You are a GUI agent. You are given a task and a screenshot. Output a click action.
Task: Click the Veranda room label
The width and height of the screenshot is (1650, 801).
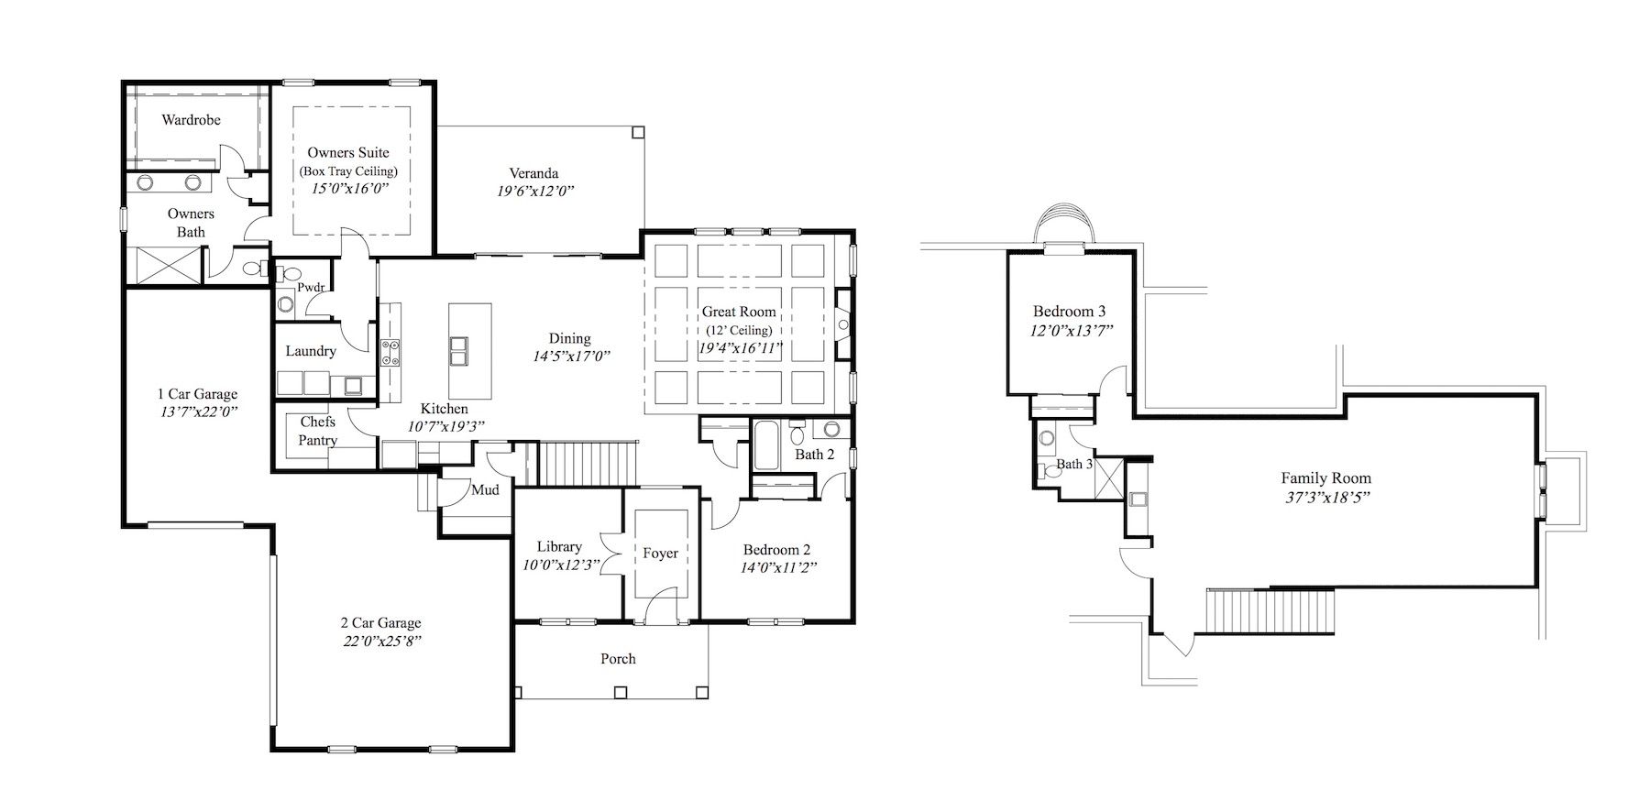[534, 173]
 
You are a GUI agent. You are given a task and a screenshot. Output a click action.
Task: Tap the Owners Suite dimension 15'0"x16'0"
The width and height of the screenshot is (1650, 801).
[349, 189]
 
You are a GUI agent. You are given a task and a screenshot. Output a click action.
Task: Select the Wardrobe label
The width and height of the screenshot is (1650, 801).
[191, 120]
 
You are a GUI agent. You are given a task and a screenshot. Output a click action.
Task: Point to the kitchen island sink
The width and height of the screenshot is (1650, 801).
[459, 350]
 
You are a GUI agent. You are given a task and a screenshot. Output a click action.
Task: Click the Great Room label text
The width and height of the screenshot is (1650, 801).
[739, 312]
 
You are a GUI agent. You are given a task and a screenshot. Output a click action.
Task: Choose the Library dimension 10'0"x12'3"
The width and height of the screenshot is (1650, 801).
[559, 565]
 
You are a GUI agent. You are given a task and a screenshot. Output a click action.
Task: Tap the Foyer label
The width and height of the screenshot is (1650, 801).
[660, 554]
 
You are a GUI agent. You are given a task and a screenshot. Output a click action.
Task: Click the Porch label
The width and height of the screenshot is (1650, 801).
[618, 659]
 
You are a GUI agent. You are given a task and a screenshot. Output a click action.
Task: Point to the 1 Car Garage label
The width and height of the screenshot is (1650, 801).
[197, 394]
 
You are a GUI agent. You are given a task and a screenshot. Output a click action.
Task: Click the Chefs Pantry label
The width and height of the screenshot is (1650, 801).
[318, 431]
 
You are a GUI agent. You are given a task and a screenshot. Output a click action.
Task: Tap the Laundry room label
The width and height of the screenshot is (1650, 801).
[311, 351]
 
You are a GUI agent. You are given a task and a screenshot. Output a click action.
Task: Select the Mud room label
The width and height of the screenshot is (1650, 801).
[485, 490]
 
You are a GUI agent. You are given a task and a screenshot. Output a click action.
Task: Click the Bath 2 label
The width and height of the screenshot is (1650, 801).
[815, 455]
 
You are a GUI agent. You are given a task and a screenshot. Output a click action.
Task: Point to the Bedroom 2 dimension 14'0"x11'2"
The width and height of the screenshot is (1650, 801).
[779, 566]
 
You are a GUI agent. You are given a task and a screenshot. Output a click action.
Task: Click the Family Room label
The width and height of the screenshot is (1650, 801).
[1326, 477]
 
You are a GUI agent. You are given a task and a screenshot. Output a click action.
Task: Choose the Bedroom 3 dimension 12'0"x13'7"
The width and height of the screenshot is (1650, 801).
[1072, 330]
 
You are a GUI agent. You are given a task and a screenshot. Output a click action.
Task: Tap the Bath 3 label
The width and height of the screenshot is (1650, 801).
[1074, 464]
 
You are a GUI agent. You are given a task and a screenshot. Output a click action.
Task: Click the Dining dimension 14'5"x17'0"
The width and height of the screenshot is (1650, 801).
[572, 356]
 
